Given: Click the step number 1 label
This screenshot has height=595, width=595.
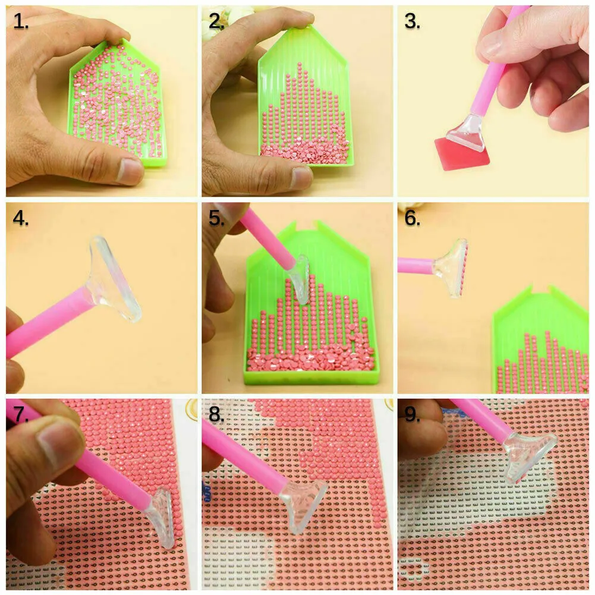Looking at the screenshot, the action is [x=21, y=21].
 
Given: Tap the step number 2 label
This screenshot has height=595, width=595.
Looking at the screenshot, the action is [x=217, y=21].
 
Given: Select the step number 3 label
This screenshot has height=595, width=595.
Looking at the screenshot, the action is [x=413, y=21].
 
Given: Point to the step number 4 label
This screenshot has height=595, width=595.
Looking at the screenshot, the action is [x=21, y=218].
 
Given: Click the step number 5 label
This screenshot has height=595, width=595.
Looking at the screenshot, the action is [x=217, y=218].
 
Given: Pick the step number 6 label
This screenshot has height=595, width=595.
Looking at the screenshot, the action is [x=413, y=218].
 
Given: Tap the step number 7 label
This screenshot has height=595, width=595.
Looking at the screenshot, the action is [x=21, y=414].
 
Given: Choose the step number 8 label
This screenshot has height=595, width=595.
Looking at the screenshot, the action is [x=217, y=414].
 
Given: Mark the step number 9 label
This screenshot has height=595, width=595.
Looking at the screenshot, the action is [x=413, y=414].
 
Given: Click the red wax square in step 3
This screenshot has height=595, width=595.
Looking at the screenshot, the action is [x=461, y=155].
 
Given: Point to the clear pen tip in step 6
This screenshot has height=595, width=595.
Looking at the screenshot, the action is [x=452, y=267].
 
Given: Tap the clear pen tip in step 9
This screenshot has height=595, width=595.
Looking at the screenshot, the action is [x=530, y=457].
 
